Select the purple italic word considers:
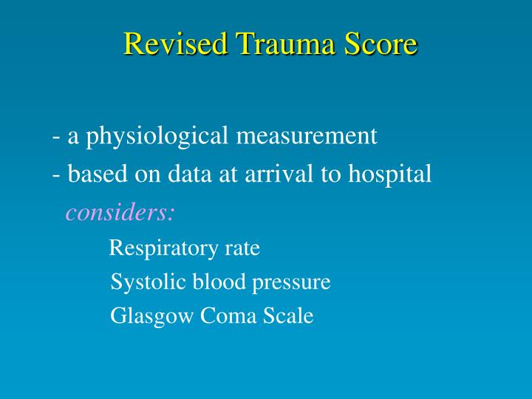[120, 213]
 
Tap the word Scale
[288, 316]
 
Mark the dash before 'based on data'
[56, 176]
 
